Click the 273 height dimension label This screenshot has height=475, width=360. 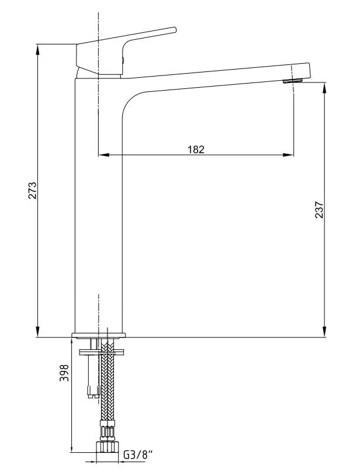[x=33, y=191]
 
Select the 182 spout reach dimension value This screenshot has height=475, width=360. [x=196, y=149]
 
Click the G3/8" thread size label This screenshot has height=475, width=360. [x=138, y=454]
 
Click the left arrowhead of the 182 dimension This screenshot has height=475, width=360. [x=103, y=155]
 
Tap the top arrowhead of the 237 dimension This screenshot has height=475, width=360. [x=325, y=86]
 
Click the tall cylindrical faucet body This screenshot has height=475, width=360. [x=98, y=205]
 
